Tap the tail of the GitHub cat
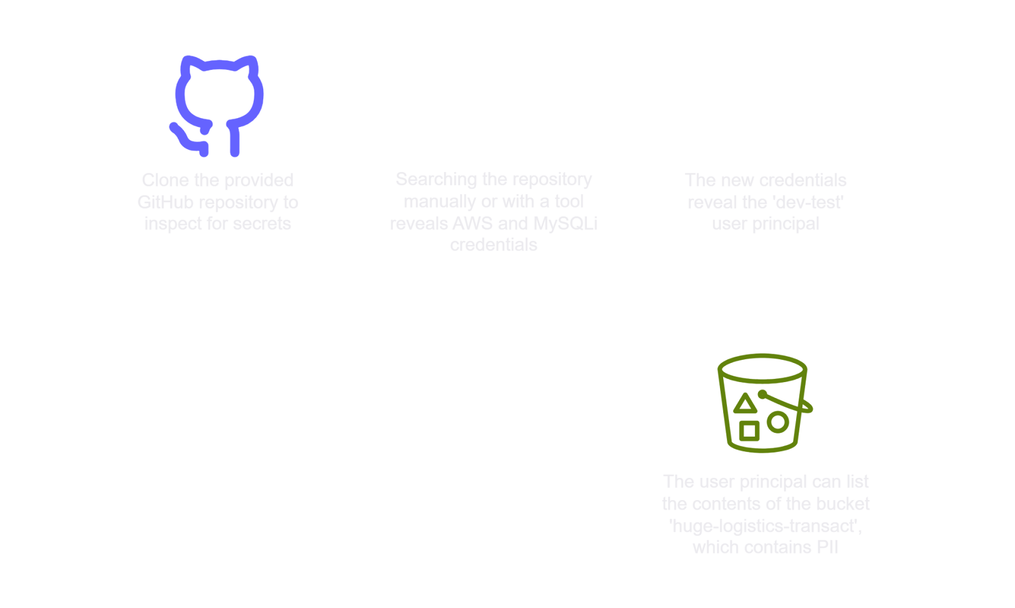[x=187, y=140]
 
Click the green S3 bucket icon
[x=764, y=403]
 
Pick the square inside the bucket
[x=749, y=431]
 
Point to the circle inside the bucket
[x=778, y=423]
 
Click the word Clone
[x=166, y=180]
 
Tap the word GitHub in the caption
[x=166, y=202]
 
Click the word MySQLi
[x=565, y=223]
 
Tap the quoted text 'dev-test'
[x=811, y=202]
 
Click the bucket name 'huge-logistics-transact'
[x=765, y=526]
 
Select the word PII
[x=828, y=547]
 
